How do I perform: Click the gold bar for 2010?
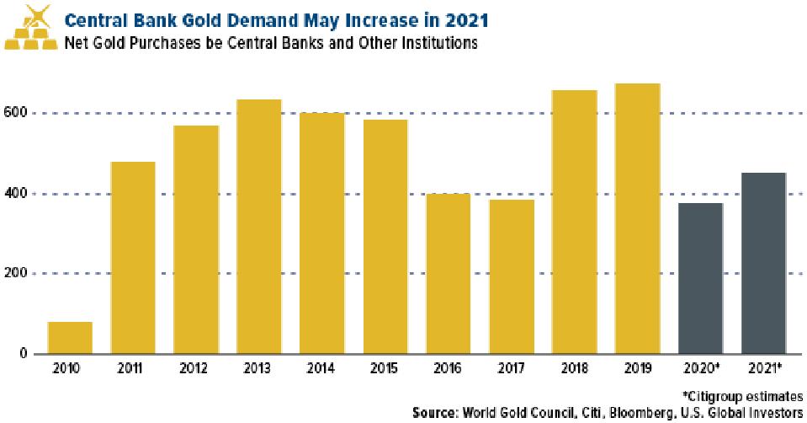pos(70,337)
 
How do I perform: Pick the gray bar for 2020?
pos(700,278)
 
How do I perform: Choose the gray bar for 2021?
pos(763,263)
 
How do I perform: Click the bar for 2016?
pos(448,273)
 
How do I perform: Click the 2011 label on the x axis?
pos(133,369)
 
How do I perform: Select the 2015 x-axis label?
pos(385,369)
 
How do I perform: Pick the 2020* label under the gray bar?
pos(701,369)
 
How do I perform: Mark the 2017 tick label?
pos(511,369)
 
